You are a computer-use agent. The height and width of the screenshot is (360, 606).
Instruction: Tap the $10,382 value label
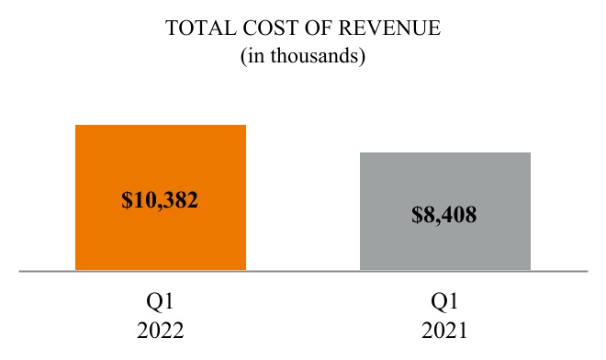(x=161, y=199)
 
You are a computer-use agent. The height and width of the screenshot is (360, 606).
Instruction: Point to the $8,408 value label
(x=445, y=217)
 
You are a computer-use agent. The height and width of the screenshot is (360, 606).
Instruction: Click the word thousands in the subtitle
(x=316, y=56)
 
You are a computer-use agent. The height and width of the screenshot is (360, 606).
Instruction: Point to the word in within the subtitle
(x=254, y=56)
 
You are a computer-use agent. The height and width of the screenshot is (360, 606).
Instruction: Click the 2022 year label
(x=161, y=330)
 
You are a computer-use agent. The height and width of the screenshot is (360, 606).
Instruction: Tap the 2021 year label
(x=445, y=330)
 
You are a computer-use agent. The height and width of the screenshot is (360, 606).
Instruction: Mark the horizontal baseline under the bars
(x=303, y=271)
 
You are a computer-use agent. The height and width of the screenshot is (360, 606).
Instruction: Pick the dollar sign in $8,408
(x=418, y=217)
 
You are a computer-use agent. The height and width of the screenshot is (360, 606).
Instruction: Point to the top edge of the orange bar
(x=161, y=125)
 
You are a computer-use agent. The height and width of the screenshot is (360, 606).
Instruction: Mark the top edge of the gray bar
(x=445, y=152)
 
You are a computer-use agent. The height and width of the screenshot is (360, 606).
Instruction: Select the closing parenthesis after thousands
(x=363, y=56)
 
